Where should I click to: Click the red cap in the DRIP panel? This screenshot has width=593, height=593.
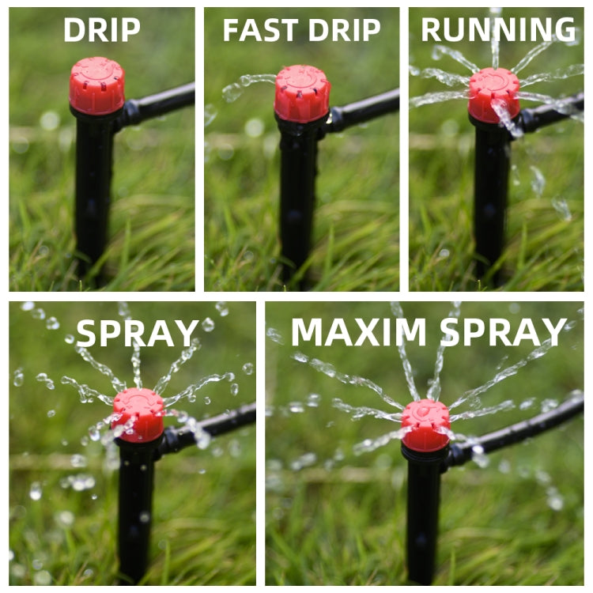pos(96,85)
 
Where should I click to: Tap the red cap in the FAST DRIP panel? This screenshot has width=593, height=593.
pos(302,93)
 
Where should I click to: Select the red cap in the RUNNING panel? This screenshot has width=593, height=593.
pos(494,93)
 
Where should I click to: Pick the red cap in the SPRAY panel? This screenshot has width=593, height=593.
pos(138,414)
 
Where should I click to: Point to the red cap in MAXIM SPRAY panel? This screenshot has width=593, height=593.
pos(425,425)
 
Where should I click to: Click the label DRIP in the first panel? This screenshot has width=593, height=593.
pos(101,30)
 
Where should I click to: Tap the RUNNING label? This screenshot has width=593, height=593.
pos(498,30)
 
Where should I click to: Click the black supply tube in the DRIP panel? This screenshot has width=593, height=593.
pos(162,103)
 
